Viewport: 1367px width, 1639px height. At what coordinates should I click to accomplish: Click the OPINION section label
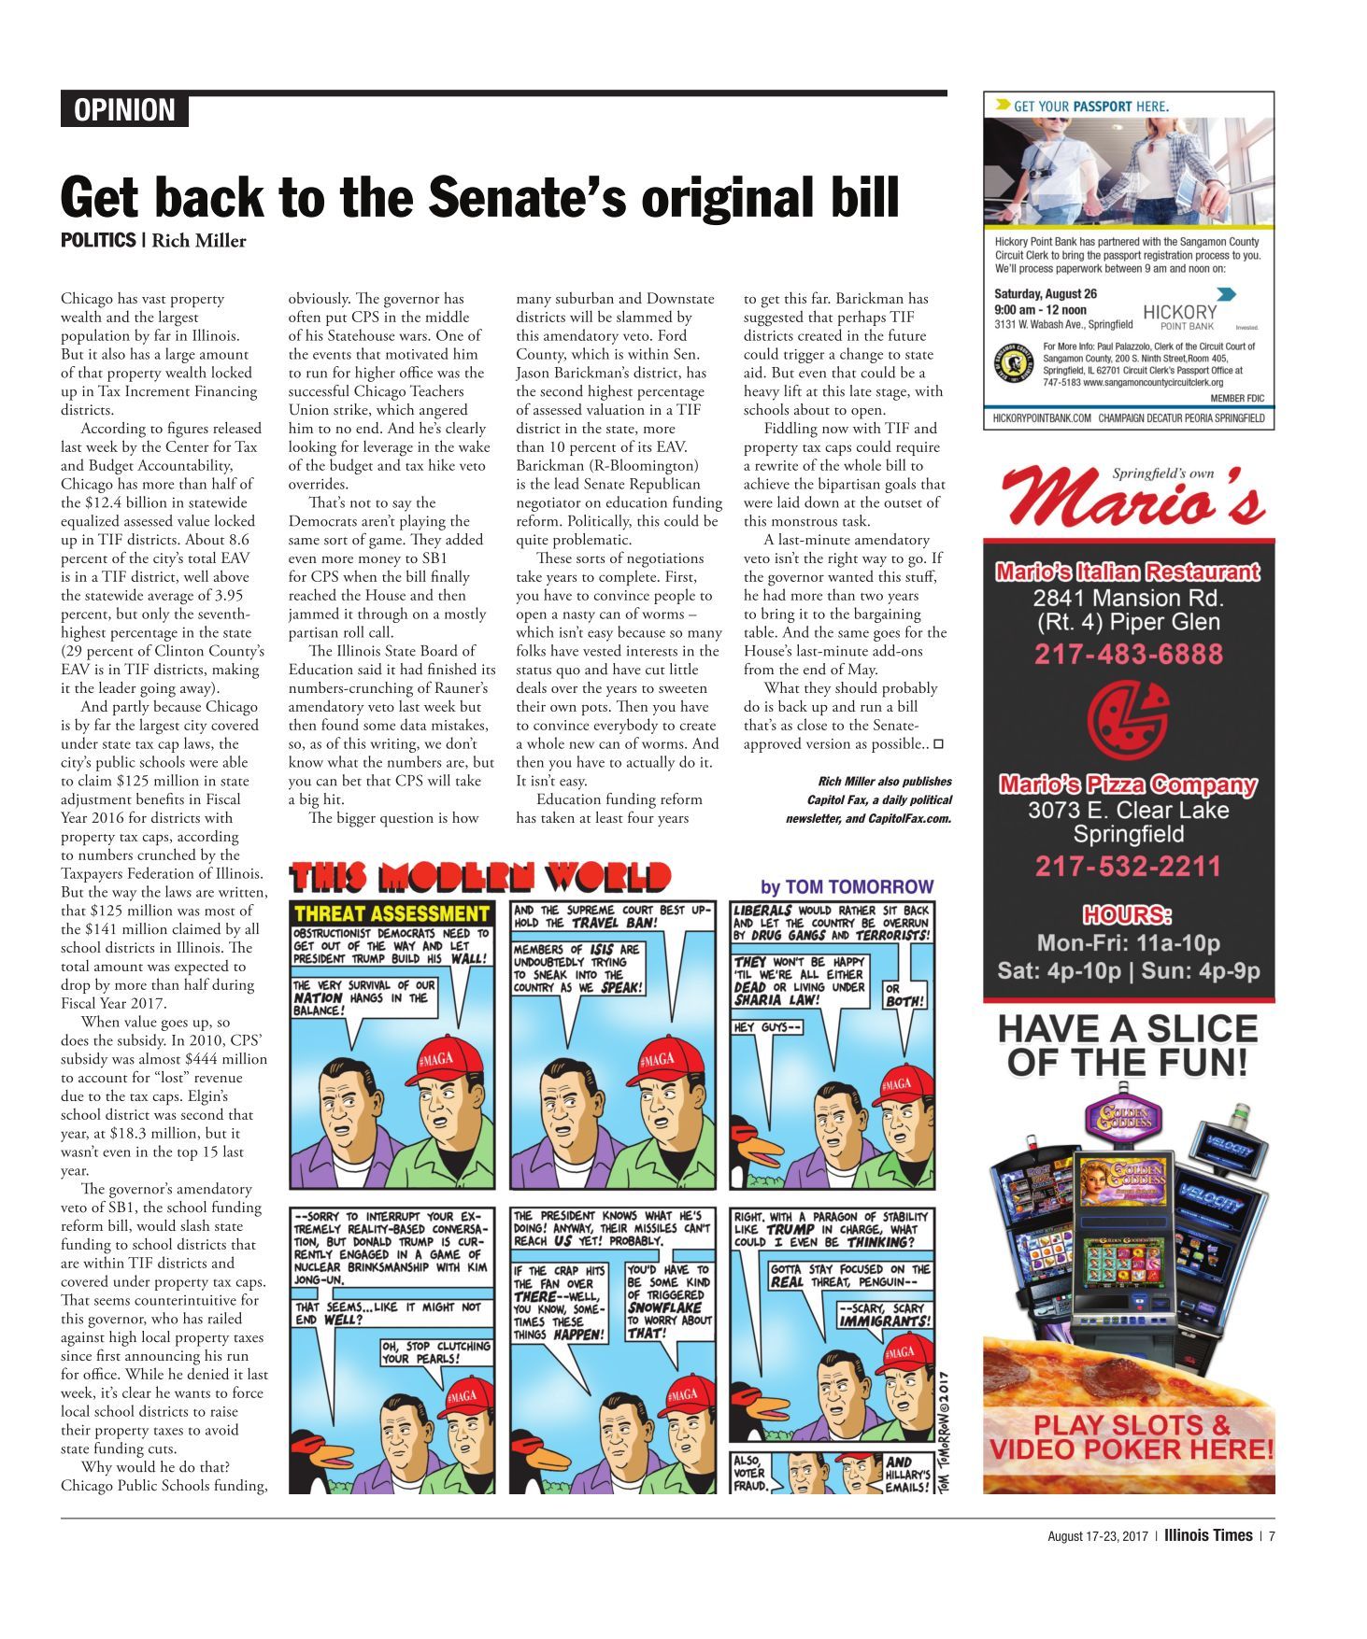tap(124, 110)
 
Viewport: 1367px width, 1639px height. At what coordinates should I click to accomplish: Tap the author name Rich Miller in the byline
tap(199, 241)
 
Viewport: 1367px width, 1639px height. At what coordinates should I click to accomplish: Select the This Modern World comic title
tap(480, 878)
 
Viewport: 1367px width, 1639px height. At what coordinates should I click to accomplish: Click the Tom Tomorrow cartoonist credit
tap(847, 886)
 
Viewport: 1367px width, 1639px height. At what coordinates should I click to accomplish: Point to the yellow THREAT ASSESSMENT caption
tap(392, 913)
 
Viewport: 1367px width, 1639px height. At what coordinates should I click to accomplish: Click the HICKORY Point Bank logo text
tap(1180, 314)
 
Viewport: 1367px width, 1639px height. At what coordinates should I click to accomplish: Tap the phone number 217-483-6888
tap(1128, 654)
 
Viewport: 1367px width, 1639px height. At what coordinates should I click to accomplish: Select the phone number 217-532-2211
tap(1128, 866)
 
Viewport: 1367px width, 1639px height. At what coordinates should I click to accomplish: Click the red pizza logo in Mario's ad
tap(1127, 720)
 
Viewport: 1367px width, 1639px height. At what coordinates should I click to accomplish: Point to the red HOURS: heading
tap(1127, 914)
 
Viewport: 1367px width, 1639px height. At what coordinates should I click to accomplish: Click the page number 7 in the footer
tap(1271, 1535)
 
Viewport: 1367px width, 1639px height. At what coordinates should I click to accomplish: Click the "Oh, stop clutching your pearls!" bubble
tap(435, 1352)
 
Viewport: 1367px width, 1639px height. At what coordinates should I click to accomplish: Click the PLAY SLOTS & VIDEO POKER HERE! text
tap(1131, 1437)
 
